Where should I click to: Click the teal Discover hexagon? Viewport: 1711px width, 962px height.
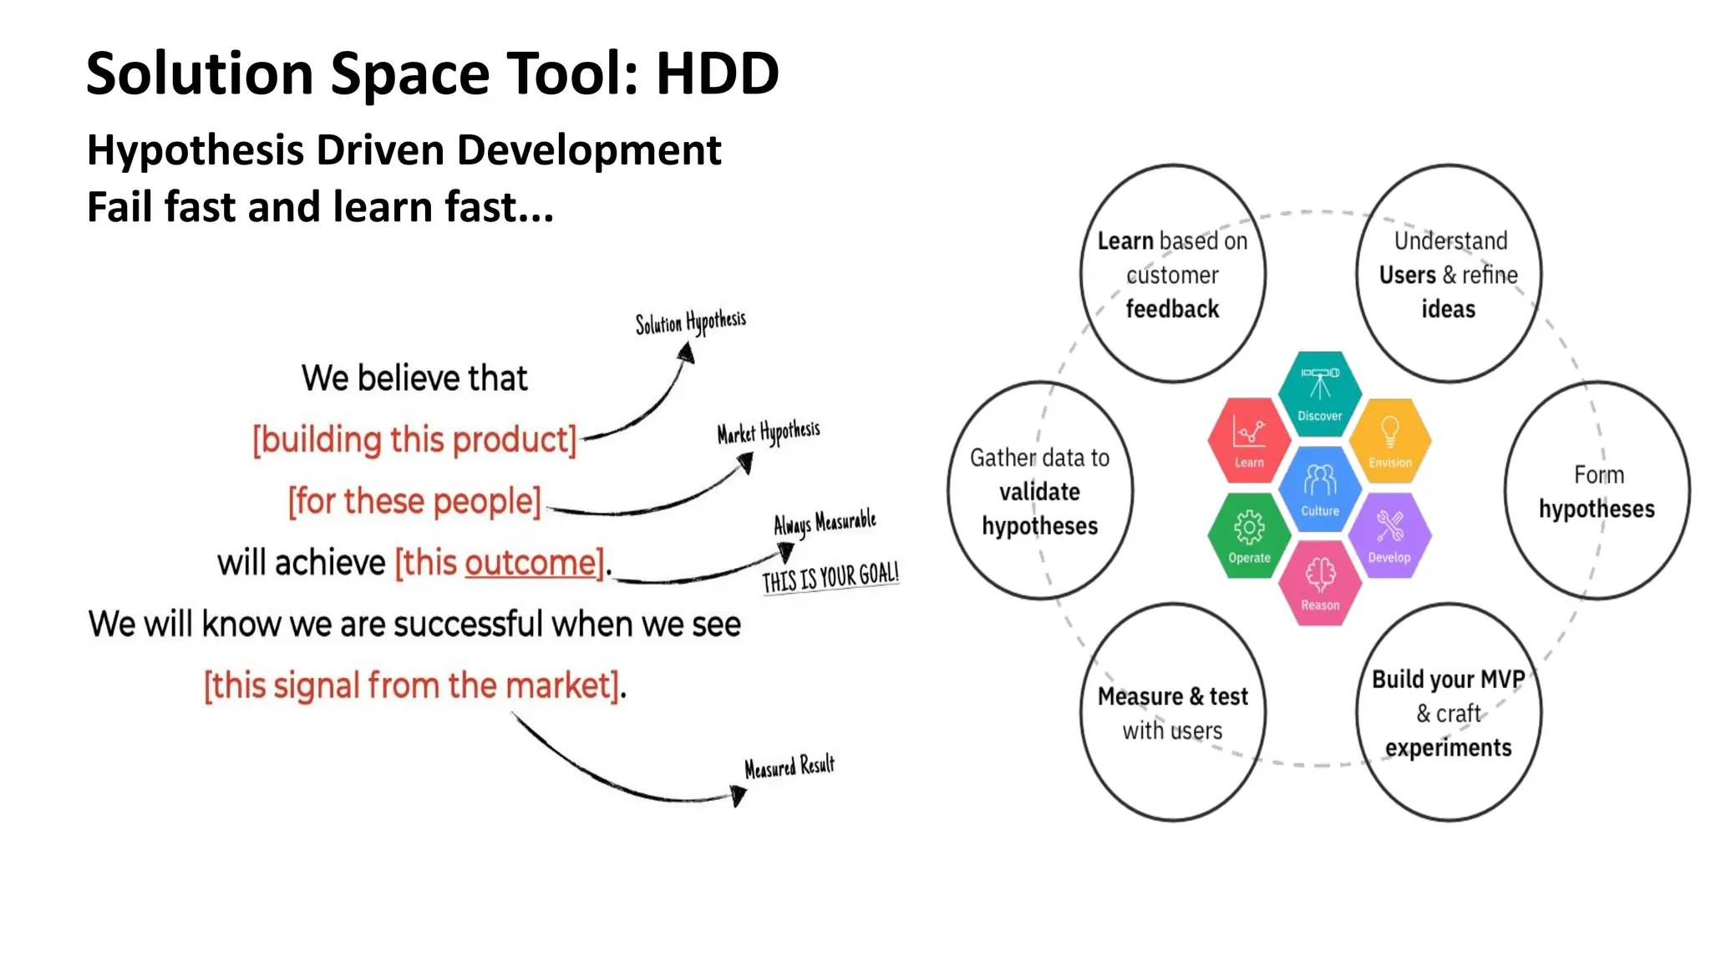pos(1319,393)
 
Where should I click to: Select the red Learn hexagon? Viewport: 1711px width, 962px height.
pos(1249,440)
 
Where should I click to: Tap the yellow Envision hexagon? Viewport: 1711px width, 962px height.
pos(1389,440)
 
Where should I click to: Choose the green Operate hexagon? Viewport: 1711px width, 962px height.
pos(1249,535)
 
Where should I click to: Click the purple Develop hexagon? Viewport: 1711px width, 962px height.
pos(1389,535)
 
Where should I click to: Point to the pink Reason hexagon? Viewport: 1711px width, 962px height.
pos(1319,583)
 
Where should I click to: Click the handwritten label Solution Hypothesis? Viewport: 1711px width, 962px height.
pos(690,322)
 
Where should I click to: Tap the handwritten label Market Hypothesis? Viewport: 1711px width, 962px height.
pos(768,433)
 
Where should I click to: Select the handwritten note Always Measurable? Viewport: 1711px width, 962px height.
pos(824,523)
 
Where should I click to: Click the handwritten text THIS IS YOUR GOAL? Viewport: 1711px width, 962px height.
pos(830,577)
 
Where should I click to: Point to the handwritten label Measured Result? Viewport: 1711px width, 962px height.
pos(789,767)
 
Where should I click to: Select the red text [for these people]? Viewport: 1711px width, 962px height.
pos(414,502)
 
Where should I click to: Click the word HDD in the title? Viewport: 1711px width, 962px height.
pos(717,73)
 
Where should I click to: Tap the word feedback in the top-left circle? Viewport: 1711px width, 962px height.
pos(1172,309)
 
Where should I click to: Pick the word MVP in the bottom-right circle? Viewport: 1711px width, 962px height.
pos(1502,679)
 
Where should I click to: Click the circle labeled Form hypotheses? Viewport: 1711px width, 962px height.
pos(1597,491)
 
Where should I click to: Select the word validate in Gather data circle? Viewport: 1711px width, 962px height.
pos(1039,492)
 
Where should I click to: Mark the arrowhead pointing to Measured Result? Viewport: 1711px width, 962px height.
pos(738,796)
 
